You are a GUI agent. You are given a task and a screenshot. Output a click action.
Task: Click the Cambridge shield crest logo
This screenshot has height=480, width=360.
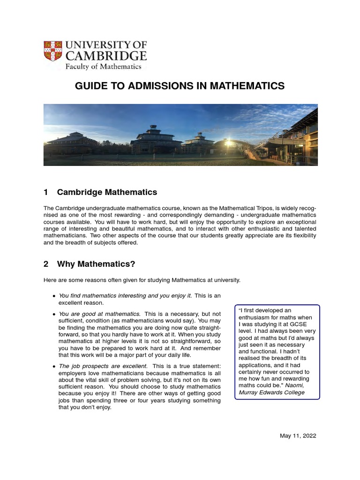pyautogui.click(x=52, y=51)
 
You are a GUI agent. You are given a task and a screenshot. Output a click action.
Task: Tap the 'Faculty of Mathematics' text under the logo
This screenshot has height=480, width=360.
pyautogui.click(x=103, y=67)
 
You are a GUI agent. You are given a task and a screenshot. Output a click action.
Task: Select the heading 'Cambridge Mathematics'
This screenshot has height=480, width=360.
pyautogui.click(x=107, y=192)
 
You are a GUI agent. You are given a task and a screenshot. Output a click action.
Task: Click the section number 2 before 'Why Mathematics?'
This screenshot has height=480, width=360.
pyautogui.click(x=46, y=264)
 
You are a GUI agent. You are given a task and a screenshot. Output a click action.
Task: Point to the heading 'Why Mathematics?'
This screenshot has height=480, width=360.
pyautogui.click(x=96, y=264)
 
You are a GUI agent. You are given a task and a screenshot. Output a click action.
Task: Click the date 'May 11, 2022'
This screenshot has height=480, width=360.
pyautogui.click(x=298, y=435)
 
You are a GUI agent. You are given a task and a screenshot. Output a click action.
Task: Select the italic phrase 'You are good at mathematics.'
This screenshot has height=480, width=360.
pyautogui.click(x=99, y=314)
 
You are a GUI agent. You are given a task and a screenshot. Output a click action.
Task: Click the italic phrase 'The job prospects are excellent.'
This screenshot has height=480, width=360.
pyautogui.click(x=103, y=366)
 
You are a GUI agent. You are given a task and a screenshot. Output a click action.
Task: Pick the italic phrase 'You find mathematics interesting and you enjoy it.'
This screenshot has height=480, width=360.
pyautogui.click(x=125, y=295)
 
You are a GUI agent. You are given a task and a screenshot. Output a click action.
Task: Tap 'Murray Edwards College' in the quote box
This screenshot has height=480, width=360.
pyautogui.click(x=272, y=392)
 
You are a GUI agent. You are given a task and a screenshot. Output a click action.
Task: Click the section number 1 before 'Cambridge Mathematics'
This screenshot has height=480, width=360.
pyautogui.click(x=46, y=192)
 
